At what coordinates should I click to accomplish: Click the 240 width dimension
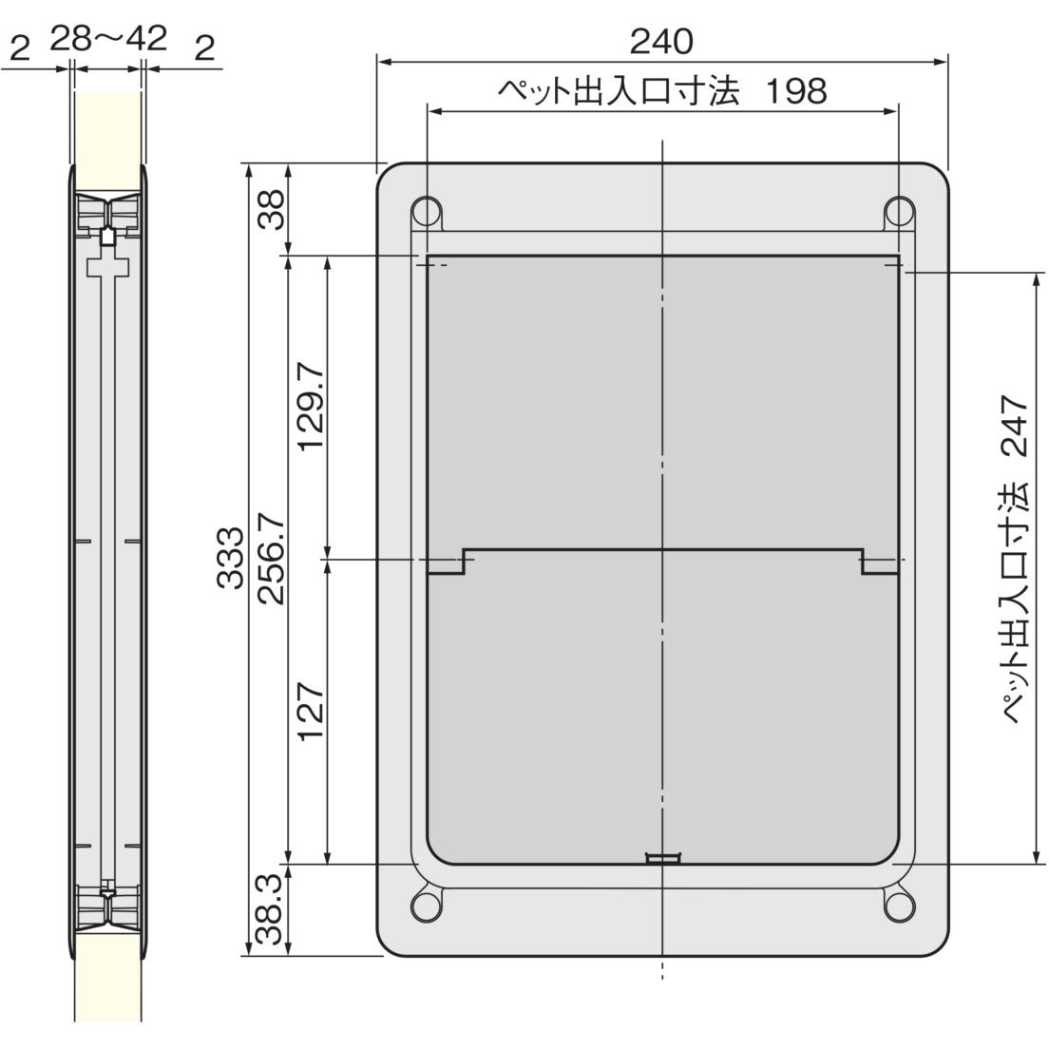[x=661, y=40]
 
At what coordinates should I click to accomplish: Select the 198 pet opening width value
[x=796, y=92]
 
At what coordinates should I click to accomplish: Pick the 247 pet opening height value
[x=1014, y=428]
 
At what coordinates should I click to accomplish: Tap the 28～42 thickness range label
[x=108, y=39]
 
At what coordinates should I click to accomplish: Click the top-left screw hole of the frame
[x=425, y=209]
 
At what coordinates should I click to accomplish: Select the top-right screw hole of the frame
[x=898, y=209]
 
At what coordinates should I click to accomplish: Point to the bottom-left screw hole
[x=425, y=906]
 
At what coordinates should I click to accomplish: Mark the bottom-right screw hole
[x=898, y=906]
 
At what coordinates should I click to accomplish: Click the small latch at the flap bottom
[x=662, y=859]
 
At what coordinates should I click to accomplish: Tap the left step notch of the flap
[x=447, y=563]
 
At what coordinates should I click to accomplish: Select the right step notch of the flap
[x=879, y=563]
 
